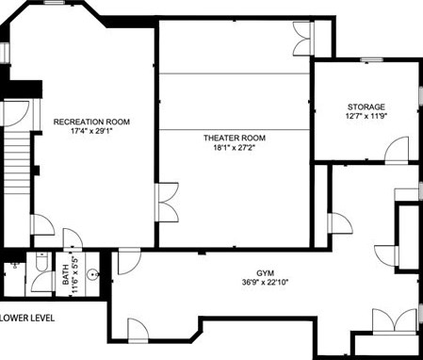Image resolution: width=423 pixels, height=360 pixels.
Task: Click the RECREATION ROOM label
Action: (x=91, y=122)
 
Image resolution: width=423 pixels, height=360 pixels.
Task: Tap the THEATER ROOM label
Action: (x=235, y=138)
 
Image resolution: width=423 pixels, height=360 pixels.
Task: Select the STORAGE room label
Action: (x=366, y=106)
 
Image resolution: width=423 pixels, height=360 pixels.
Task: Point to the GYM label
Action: (x=265, y=272)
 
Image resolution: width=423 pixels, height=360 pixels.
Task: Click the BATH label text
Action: (x=66, y=274)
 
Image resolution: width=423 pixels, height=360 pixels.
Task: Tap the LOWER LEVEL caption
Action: (x=27, y=318)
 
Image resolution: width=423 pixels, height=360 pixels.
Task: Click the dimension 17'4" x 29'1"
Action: (x=91, y=131)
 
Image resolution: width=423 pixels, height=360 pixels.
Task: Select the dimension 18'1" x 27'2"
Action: (x=235, y=147)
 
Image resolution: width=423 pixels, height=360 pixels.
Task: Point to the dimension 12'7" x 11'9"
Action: (x=366, y=116)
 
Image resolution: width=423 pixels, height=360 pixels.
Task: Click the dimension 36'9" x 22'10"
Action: (x=265, y=282)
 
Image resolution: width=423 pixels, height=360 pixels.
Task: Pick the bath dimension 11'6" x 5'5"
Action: (x=74, y=274)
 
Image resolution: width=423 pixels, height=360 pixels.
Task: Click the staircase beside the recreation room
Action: (x=17, y=162)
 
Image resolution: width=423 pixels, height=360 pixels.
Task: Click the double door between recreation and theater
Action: (x=167, y=203)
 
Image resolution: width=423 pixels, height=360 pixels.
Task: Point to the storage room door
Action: (x=397, y=150)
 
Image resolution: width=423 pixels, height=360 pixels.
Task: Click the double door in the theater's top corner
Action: (x=303, y=39)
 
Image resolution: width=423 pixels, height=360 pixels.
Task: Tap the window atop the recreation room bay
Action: (x=55, y=3)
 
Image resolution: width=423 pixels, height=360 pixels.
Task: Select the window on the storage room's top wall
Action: (x=371, y=59)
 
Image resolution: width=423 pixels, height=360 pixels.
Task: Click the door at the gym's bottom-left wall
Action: (x=138, y=331)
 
